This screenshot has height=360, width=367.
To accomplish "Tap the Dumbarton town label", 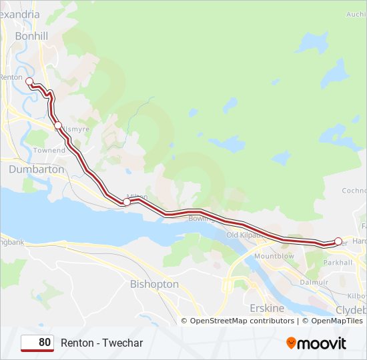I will [x=37, y=169].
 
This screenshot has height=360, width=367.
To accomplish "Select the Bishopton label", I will [x=154, y=284].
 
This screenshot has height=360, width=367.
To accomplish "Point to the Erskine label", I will [x=266, y=308].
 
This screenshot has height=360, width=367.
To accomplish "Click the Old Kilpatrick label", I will [x=246, y=235].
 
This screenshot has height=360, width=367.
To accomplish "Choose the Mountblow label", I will [x=274, y=256].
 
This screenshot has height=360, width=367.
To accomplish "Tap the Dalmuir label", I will [x=314, y=282].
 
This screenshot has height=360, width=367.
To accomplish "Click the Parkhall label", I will [x=338, y=262].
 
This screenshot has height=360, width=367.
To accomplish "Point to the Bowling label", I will [x=200, y=218].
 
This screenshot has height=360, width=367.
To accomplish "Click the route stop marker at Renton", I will [x=29, y=81].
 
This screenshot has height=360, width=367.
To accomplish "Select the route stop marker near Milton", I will [x=126, y=201].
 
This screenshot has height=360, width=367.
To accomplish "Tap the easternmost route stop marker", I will [x=338, y=241].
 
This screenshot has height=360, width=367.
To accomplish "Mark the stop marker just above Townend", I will [x=58, y=125].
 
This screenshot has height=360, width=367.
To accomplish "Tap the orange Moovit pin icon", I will [x=291, y=343].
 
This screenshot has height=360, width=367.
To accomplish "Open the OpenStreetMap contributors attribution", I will [x=242, y=321].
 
